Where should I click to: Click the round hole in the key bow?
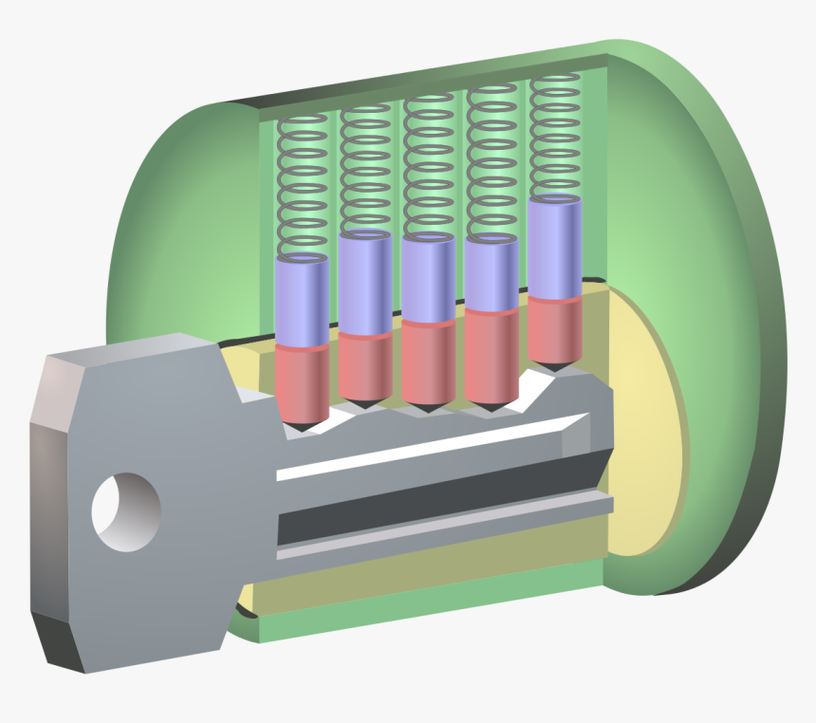125,511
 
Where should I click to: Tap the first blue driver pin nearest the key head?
302,302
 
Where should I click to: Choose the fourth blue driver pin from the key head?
491,273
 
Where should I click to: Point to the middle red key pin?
428,361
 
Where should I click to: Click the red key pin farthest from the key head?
554,328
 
